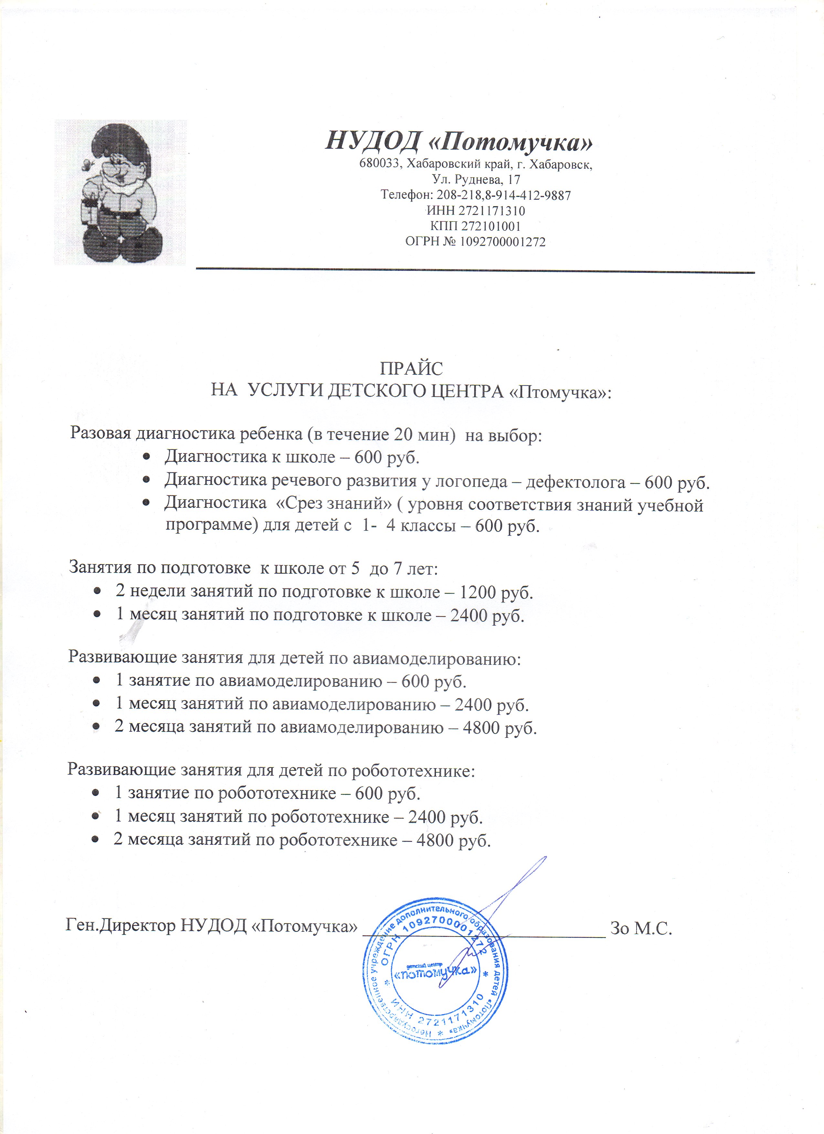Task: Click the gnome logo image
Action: coord(120,193)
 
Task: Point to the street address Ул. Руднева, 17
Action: coord(476,179)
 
